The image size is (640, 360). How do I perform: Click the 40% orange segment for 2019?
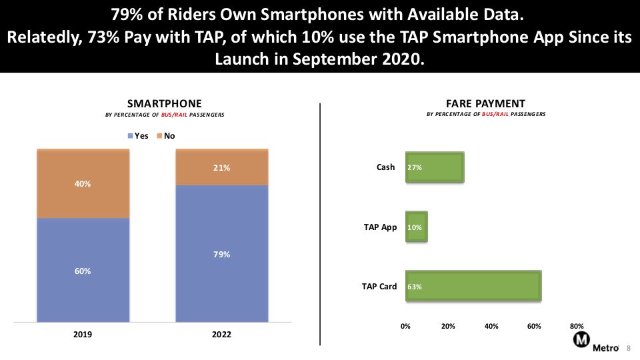click(83, 183)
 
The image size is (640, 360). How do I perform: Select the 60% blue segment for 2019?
click(83, 270)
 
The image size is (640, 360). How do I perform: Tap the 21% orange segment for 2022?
click(222, 167)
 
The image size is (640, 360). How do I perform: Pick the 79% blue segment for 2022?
click(222, 253)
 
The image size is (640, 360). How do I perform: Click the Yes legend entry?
click(138, 136)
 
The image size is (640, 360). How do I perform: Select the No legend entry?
click(166, 136)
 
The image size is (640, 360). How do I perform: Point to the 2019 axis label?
click(83, 334)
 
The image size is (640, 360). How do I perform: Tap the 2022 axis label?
click(221, 334)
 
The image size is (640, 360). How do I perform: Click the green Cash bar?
click(435, 167)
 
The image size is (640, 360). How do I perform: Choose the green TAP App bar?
click(416, 227)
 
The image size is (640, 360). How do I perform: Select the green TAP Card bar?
click(473, 286)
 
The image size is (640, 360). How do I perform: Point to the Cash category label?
click(386, 167)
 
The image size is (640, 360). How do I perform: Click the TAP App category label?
click(381, 227)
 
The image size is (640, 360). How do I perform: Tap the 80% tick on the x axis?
click(577, 326)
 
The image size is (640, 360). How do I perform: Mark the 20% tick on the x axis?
click(448, 326)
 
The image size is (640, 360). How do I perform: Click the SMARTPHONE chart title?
click(165, 104)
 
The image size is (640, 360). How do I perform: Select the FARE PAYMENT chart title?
click(486, 104)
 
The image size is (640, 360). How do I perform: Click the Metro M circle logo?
click(581, 339)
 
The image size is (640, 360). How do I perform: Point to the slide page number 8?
click(629, 348)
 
